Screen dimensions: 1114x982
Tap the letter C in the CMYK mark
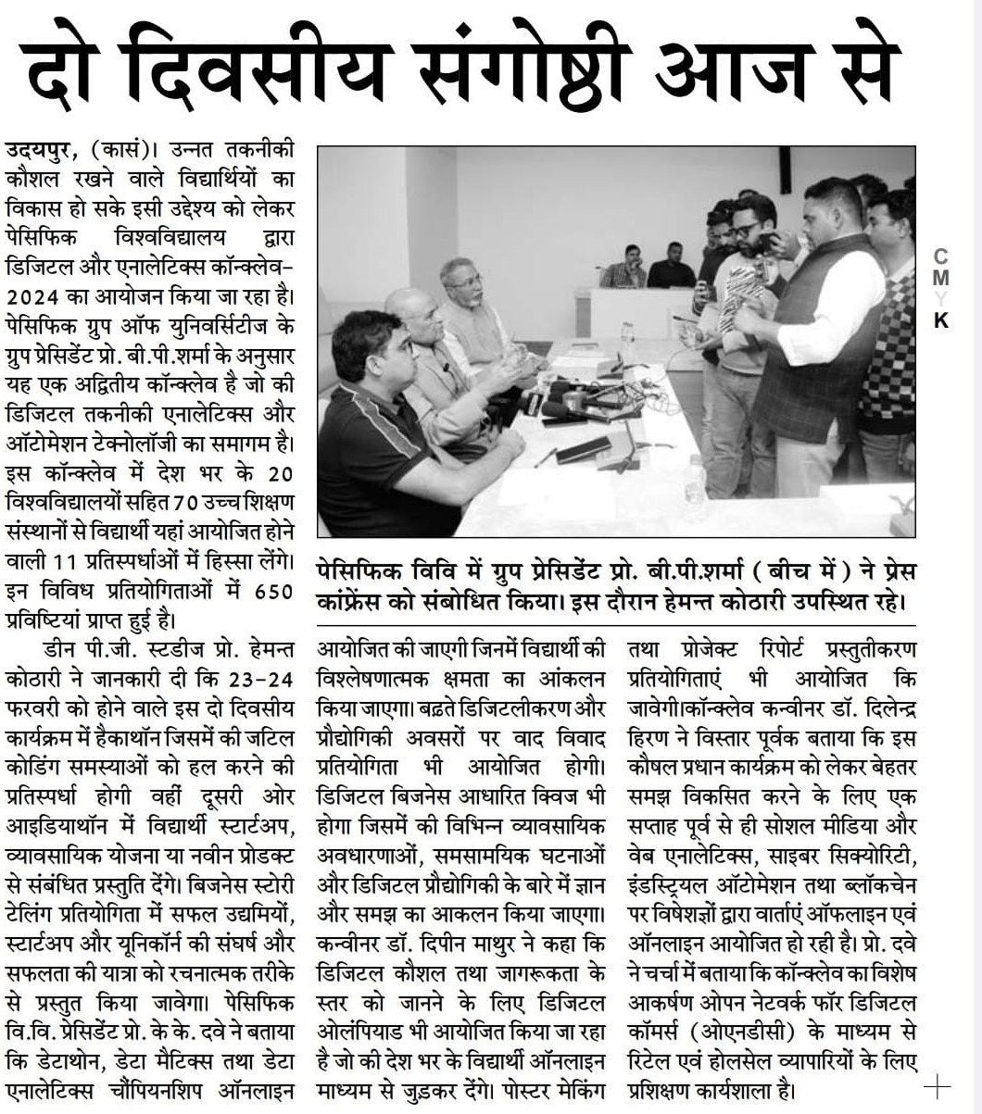[x=941, y=257]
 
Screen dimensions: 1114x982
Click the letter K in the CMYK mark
[x=941, y=321]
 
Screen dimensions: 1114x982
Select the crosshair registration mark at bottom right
[x=937, y=1086]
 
